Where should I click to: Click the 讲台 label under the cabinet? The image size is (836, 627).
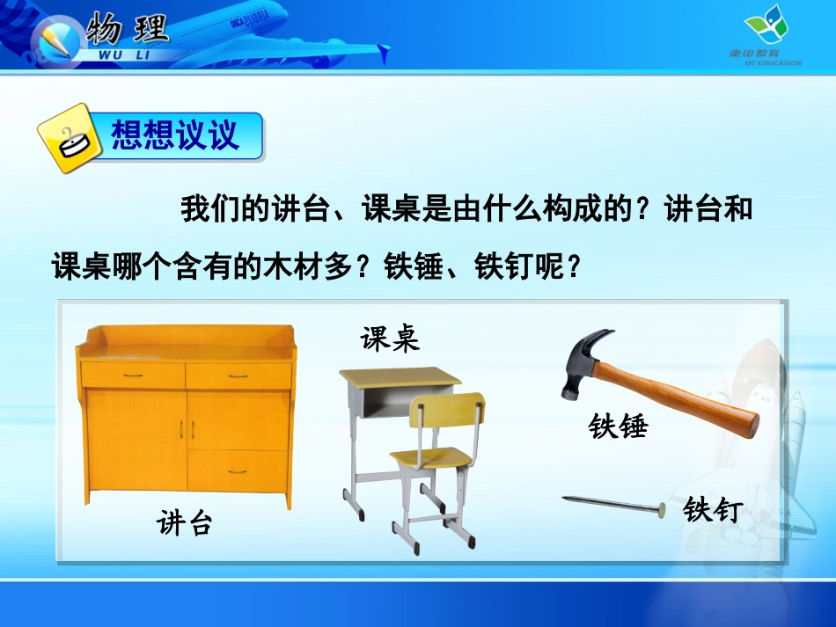click(185, 524)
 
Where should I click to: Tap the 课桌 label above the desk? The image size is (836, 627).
click(389, 338)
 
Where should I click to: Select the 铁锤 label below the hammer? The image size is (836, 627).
click(618, 427)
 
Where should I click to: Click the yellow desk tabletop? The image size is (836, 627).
click(400, 377)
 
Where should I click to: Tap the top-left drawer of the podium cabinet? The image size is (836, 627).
click(133, 375)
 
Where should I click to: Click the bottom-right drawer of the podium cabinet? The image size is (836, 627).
click(238, 471)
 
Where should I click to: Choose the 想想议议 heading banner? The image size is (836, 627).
click(175, 136)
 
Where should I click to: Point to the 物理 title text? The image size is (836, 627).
click(128, 30)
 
